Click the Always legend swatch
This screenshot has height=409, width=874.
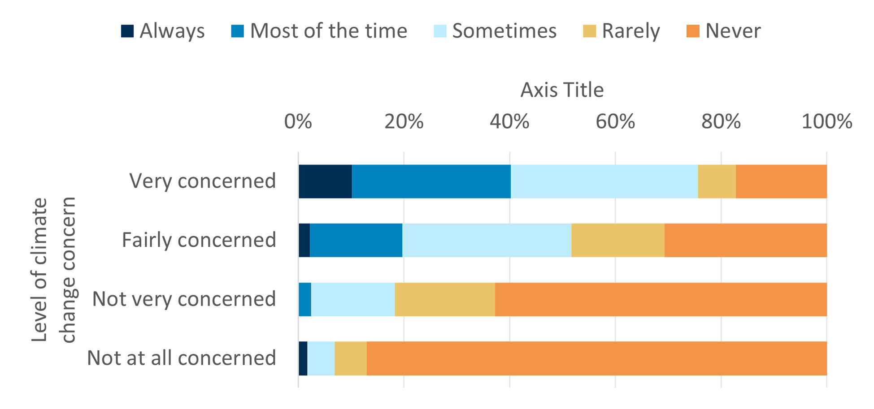click(x=127, y=31)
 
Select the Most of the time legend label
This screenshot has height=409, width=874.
click(x=328, y=31)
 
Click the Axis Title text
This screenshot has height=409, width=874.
click(x=562, y=90)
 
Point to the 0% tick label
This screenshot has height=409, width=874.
click(x=298, y=122)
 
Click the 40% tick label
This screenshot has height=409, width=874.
click(x=509, y=122)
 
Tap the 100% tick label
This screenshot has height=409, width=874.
click(x=826, y=122)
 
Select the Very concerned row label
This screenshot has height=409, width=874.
click(x=203, y=181)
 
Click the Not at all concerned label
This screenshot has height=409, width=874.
click(x=181, y=358)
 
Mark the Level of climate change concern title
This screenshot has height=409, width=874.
click(x=54, y=270)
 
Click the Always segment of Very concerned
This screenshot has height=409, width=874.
click(x=325, y=181)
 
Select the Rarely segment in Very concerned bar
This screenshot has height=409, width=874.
click(x=717, y=181)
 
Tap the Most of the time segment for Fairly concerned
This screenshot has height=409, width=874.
click(x=356, y=240)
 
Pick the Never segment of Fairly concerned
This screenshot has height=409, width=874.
click(x=745, y=240)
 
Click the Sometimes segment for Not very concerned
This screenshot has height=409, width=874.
click(x=353, y=299)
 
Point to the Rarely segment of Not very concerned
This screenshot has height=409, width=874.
click(x=445, y=299)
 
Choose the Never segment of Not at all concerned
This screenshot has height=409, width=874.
click(x=596, y=358)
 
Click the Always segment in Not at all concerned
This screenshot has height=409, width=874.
click(x=303, y=358)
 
